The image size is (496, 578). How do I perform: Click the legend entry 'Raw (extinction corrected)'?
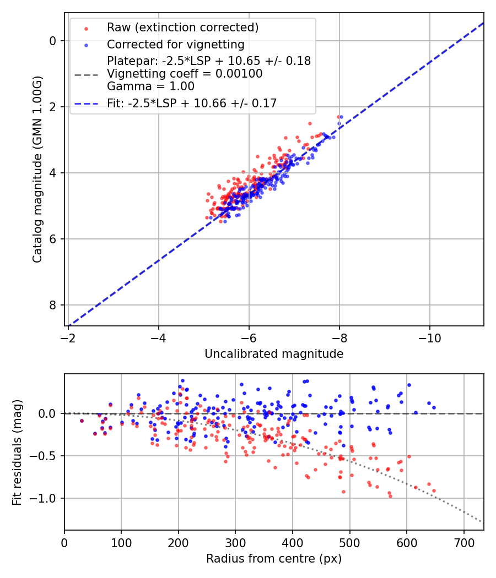click(x=182, y=28)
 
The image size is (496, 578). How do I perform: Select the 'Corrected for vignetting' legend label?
click(x=175, y=44)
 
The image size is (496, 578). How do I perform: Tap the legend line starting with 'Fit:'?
click(x=192, y=103)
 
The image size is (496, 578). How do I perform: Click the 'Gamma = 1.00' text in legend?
click(x=150, y=86)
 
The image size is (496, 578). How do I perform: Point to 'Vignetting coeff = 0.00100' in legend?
click(x=185, y=74)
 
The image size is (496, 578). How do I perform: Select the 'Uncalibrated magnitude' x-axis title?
click(x=274, y=354)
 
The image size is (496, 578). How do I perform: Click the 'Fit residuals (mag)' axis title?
click(x=17, y=452)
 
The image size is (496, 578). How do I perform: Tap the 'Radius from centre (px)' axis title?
click(x=274, y=559)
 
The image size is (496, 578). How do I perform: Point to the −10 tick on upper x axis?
click(x=429, y=337)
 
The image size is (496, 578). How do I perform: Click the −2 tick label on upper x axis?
click(x=68, y=337)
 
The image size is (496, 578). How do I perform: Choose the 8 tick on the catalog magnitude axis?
click(x=53, y=305)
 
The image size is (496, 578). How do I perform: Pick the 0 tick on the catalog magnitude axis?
click(x=53, y=41)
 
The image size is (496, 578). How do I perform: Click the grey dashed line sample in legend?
click(x=86, y=74)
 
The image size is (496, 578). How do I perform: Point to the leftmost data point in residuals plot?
click(x=82, y=421)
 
